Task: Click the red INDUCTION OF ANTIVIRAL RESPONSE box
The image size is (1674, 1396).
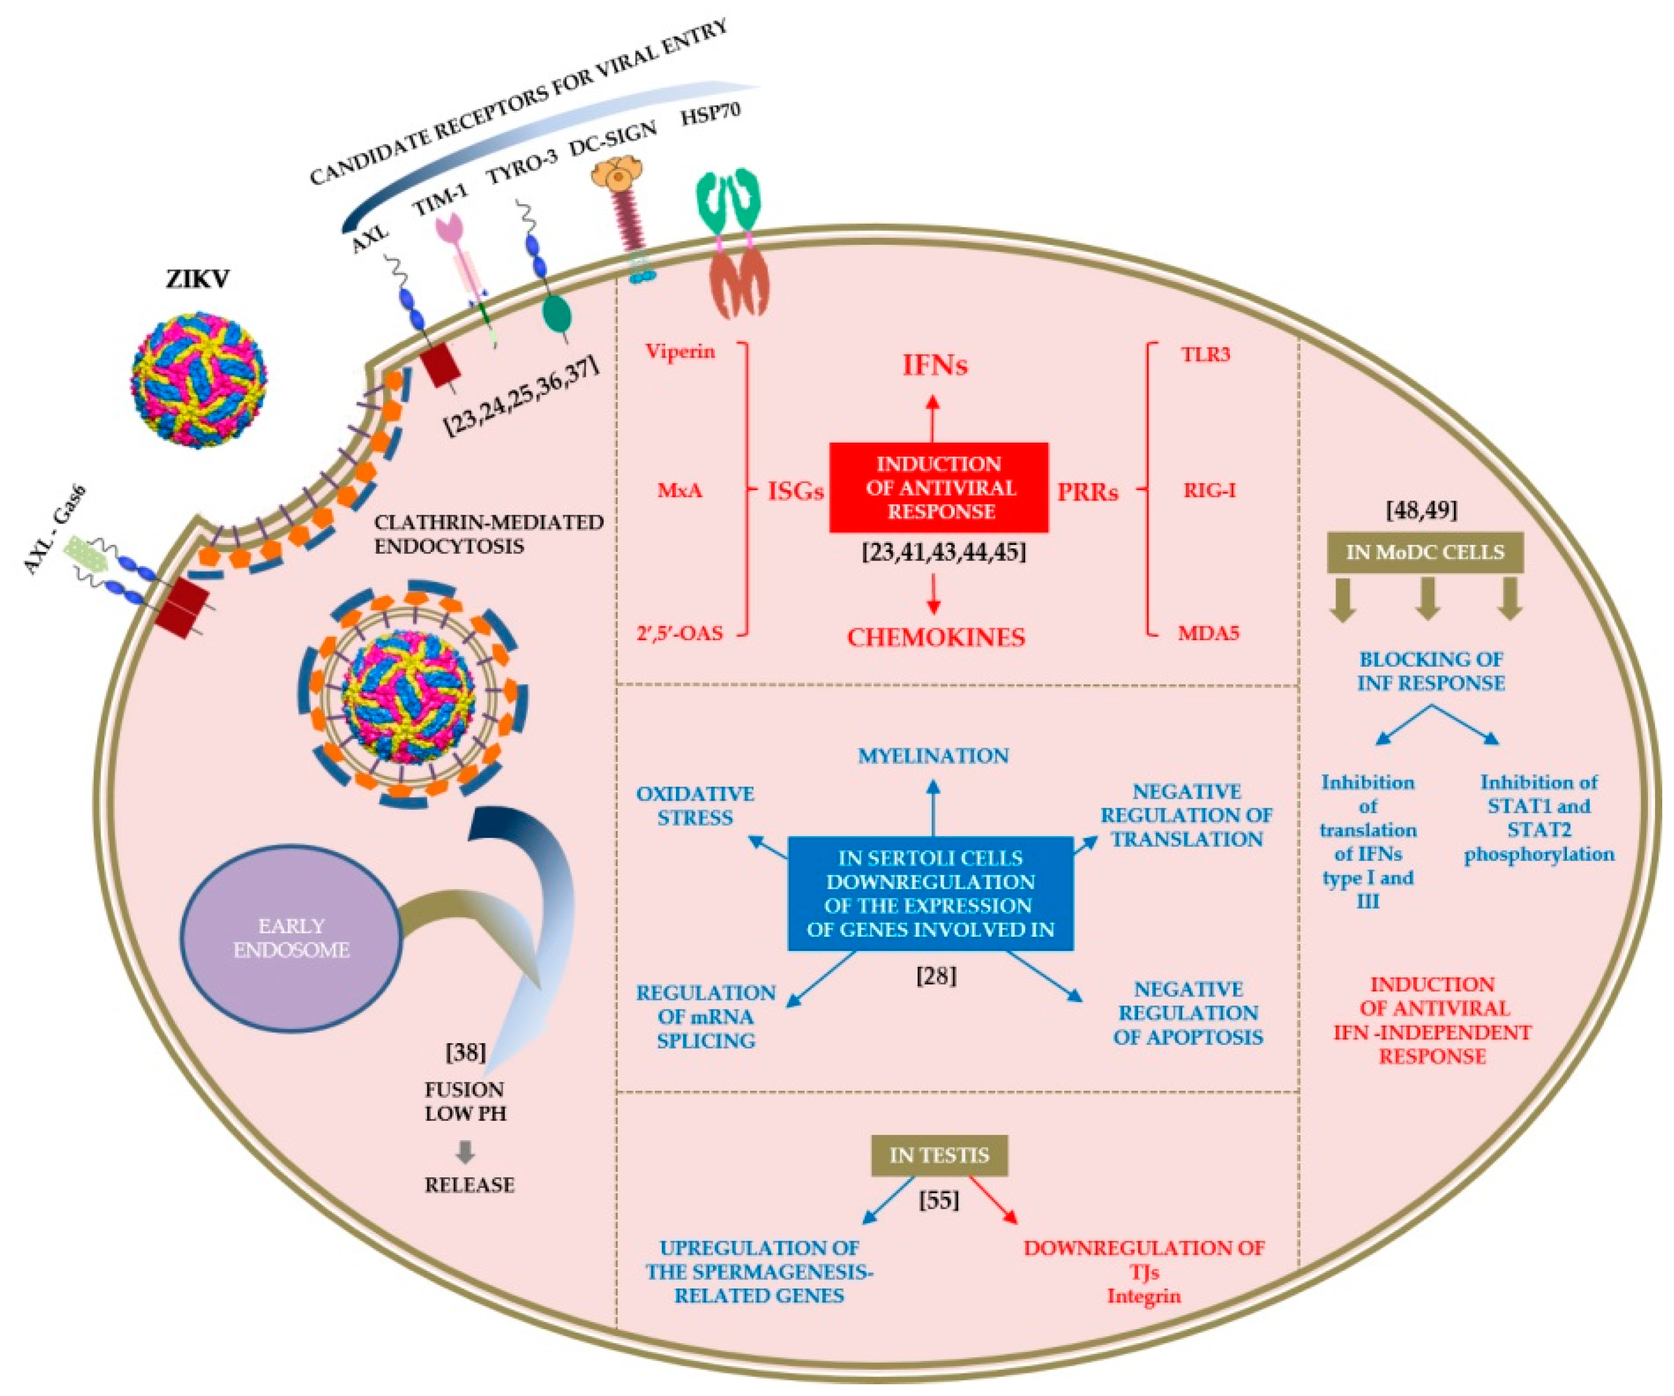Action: (x=938, y=487)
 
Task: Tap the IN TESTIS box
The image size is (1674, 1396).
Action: (x=938, y=1155)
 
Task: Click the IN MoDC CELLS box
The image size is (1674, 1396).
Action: (x=1425, y=552)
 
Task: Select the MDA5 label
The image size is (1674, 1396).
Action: (x=1209, y=634)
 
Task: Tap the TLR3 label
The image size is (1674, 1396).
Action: (x=1205, y=354)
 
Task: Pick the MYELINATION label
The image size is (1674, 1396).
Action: (x=933, y=755)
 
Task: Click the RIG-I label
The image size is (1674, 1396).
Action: (x=1209, y=490)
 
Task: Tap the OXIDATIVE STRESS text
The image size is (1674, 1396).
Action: (x=694, y=805)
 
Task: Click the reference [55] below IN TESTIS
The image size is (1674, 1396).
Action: (x=938, y=1200)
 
